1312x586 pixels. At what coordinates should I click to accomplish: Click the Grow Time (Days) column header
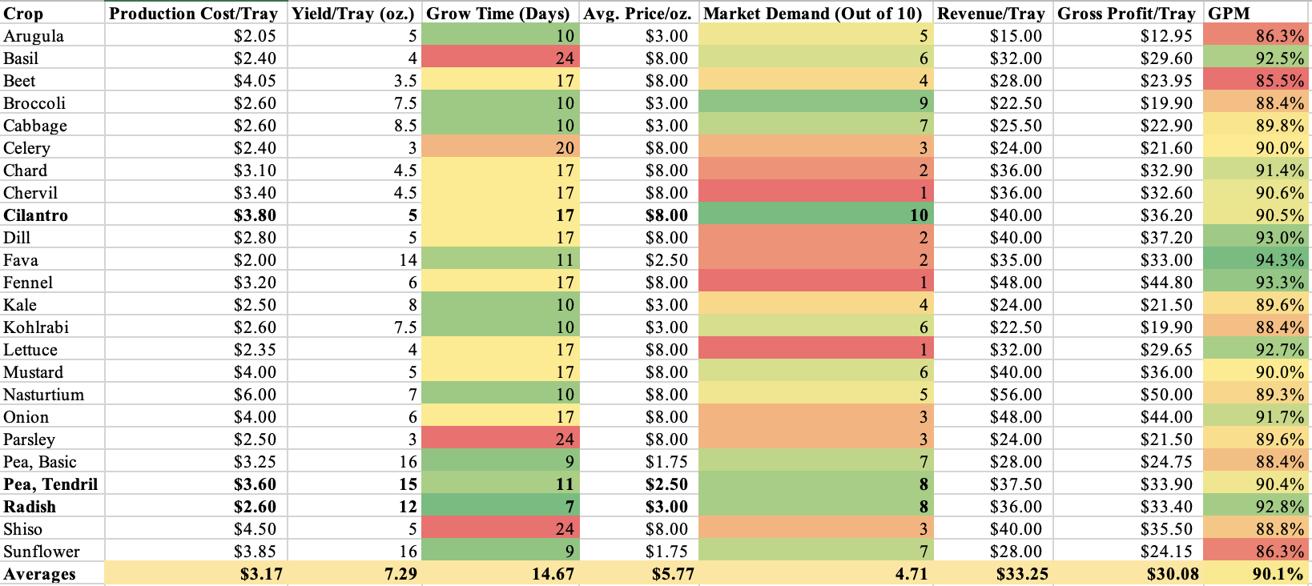point(497,14)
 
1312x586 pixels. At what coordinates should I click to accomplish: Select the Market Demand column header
point(812,14)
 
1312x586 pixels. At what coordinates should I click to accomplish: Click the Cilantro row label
point(35,215)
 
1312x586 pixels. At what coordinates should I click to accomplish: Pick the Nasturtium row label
point(43,395)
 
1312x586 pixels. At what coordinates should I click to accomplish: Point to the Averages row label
point(39,574)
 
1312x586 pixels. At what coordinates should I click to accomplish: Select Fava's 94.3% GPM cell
point(1279,260)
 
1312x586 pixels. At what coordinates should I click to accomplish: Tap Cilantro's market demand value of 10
point(918,215)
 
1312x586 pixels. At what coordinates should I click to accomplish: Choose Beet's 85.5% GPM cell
point(1279,81)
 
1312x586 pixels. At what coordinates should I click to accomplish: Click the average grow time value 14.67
point(553,574)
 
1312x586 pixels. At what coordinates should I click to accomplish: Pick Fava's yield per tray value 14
point(408,260)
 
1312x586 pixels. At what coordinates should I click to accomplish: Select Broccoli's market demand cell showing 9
point(923,103)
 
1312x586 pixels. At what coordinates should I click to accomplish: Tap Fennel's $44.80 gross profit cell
point(1166,283)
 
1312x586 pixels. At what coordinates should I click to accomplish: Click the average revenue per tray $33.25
point(1022,574)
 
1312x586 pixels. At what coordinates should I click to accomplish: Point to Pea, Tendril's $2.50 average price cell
point(666,484)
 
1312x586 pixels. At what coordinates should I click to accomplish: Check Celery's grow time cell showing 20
point(565,148)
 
